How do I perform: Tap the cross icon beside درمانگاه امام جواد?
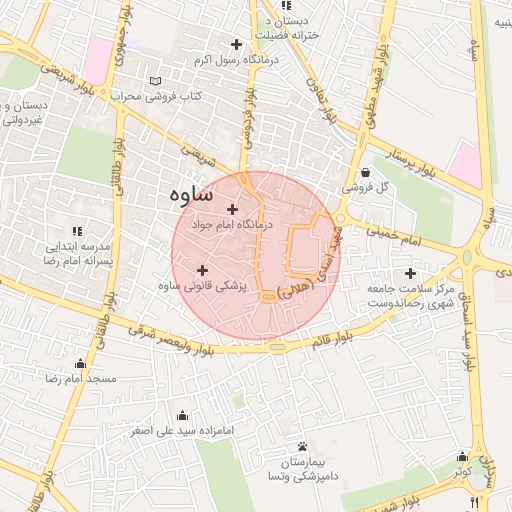pos(233,209)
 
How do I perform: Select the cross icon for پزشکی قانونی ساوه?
pos(203,269)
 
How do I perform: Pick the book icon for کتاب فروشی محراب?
pos(154,81)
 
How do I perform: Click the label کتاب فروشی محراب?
pos(163,97)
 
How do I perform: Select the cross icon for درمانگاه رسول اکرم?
pos(236,44)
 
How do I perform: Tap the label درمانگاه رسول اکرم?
pos(225,61)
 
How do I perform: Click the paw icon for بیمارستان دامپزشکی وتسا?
pos(302,447)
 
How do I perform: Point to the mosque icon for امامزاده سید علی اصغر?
pos(182,415)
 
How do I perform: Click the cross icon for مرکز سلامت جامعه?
pos(410,273)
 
